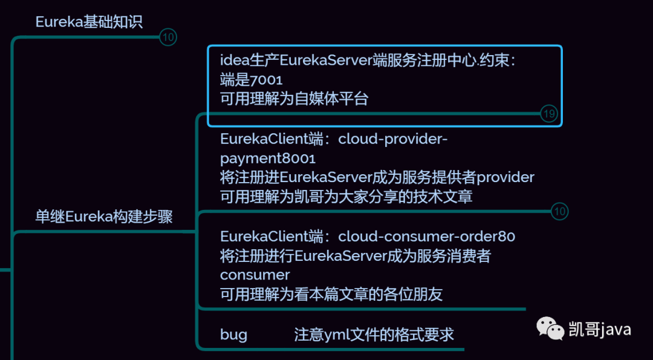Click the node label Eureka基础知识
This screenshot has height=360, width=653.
click(x=89, y=22)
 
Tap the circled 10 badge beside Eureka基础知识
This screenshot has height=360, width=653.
click(x=168, y=38)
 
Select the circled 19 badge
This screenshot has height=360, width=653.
click(x=548, y=114)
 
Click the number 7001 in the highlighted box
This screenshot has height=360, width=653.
click(x=266, y=80)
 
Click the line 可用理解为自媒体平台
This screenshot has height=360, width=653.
click(x=294, y=99)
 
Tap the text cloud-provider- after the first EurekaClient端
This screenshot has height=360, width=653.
click(x=393, y=139)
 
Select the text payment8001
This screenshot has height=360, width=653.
click(x=268, y=159)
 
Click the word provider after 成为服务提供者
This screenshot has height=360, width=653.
click(x=505, y=178)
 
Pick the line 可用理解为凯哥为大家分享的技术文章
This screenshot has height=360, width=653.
click(x=346, y=197)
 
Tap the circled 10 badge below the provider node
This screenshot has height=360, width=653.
click(x=560, y=211)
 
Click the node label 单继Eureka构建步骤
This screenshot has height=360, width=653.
click(x=104, y=217)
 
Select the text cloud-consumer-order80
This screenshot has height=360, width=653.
click(x=426, y=237)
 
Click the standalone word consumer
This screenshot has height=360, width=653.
click(x=255, y=275)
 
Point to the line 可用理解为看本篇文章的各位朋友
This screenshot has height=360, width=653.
click(x=331, y=295)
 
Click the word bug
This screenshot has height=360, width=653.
click(x=233, y=335)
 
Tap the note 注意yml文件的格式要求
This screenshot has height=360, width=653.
click(x=374, y=335)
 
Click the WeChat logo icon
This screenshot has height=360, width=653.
click(x=551, y=329)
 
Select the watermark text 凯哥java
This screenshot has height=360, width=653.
click(x=600, y=330)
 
